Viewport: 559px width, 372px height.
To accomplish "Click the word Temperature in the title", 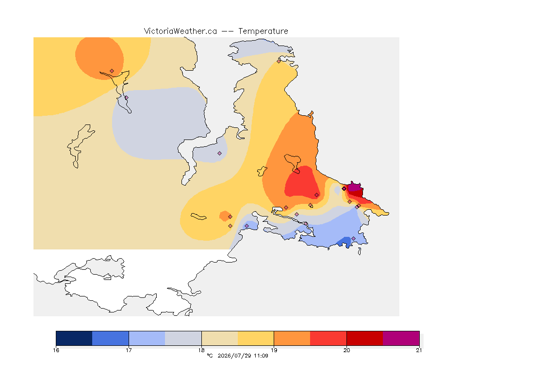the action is point(263,31).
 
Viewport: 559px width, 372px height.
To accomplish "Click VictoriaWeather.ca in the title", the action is point(181,31).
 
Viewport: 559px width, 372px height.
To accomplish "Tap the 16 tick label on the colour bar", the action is point(56,350).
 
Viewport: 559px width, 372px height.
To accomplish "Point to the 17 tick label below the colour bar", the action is point(129,350).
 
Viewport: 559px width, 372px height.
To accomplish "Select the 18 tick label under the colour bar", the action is point(201,350).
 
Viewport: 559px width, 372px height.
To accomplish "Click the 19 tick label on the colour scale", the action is point(274,350).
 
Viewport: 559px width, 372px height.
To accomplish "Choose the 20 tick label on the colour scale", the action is point(346,350).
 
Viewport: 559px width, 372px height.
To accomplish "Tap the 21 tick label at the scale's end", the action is point(419,350).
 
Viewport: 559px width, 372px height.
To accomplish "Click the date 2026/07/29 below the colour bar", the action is point(234,356).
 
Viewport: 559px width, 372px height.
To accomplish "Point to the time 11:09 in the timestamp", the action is point(261,356).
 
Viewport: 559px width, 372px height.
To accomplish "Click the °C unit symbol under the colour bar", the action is point(210,356).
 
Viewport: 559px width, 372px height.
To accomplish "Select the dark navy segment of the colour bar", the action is point(74,338).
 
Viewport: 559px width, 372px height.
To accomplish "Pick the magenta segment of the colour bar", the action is point(401,338).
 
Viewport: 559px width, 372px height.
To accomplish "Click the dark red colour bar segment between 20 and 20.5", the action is point(365,338).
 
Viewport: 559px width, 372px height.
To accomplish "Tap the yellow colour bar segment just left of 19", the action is point(256,338).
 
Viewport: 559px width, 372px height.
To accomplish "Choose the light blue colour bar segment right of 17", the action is point(147,338).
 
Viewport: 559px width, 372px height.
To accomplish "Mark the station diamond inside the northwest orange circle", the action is point(112,71).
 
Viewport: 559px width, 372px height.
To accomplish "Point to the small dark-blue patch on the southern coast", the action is point(345,242).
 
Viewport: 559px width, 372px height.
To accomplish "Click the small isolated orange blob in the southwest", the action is point(225,216).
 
